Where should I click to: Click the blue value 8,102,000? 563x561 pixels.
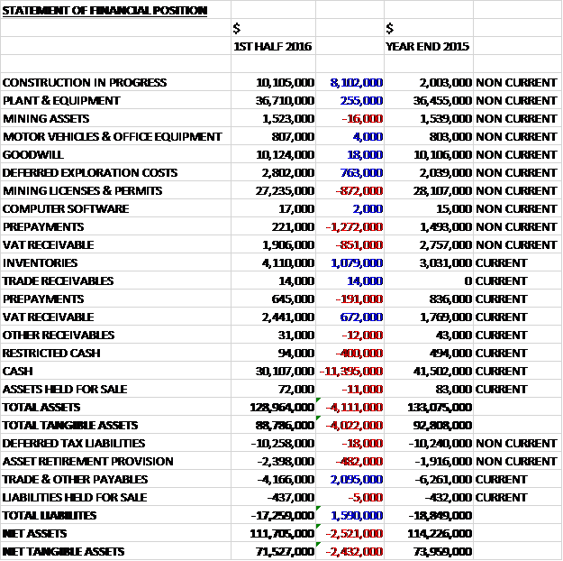(357, 82)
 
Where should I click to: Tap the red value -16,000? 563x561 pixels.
(364, 118)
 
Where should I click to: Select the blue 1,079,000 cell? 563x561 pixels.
(357, 262)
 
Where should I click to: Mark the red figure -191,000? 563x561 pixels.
(362, 299)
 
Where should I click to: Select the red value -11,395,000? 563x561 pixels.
(352, 371)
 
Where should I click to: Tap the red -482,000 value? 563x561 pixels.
(362, 461)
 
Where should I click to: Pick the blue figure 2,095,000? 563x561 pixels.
(357, 479)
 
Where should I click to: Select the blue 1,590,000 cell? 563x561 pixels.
(357, 515)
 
